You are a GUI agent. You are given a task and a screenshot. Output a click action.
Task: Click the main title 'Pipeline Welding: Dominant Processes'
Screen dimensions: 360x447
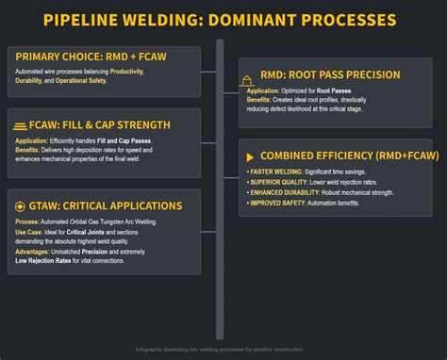point(223,19)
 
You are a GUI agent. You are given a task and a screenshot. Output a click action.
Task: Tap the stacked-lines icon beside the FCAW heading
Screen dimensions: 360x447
point(20,124)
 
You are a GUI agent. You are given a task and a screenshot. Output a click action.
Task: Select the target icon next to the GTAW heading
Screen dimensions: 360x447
point(20,205)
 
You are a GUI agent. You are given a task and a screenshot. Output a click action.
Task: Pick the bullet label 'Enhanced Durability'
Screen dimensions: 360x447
point(286,193)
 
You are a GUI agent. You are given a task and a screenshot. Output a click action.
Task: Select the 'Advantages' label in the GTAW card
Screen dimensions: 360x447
point(35,252)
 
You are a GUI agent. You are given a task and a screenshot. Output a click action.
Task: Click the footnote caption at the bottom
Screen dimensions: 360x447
point(223,349)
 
